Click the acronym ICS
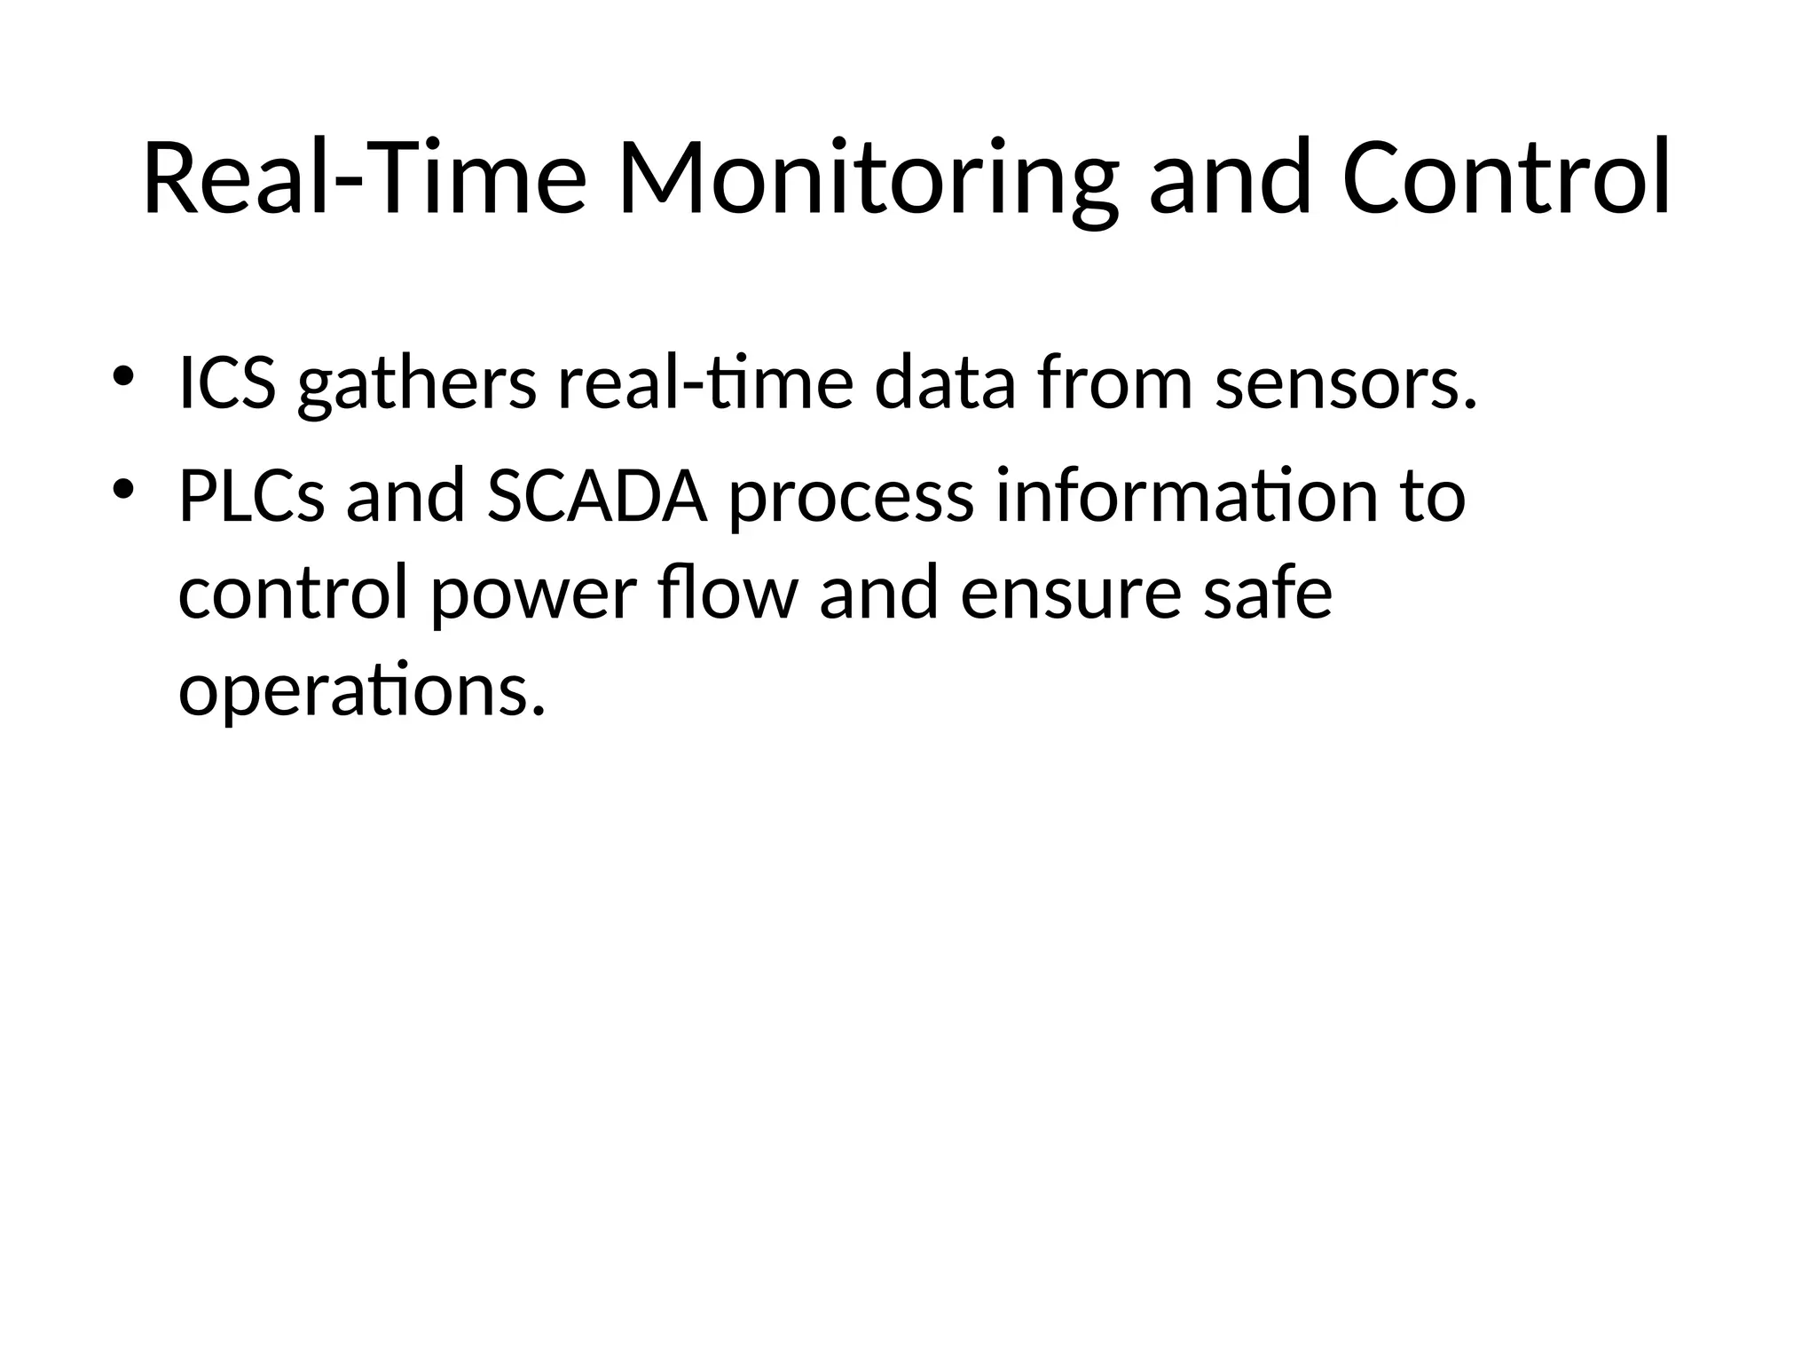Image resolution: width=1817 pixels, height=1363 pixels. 227,383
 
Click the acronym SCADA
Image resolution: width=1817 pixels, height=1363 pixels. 597,497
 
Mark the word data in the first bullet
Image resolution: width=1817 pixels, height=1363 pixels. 944,383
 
